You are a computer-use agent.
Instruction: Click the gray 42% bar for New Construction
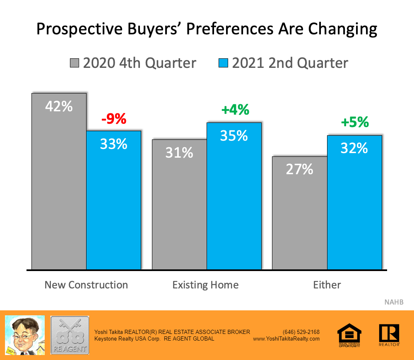click(59, 182)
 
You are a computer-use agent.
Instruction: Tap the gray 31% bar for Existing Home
click(179, 205)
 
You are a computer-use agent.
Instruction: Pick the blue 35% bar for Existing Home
click(234, 197)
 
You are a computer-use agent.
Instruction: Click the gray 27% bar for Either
click(299, 213)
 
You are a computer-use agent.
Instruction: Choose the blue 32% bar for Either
click(354, 203)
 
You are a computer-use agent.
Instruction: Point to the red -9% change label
click(113, 120)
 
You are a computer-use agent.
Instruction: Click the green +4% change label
click(235, 110)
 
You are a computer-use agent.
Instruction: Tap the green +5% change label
click(354, 122)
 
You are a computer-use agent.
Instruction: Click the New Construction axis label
click(86, 285)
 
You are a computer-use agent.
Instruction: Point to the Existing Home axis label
click(205, 285)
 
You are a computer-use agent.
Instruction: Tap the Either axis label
click(327, 285)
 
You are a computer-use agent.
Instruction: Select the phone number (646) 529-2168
click(301, 332)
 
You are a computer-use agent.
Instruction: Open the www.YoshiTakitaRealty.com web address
click(286, 338)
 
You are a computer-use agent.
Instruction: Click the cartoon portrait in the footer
click(24, 335)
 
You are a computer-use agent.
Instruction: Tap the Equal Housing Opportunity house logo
click(349, 334)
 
